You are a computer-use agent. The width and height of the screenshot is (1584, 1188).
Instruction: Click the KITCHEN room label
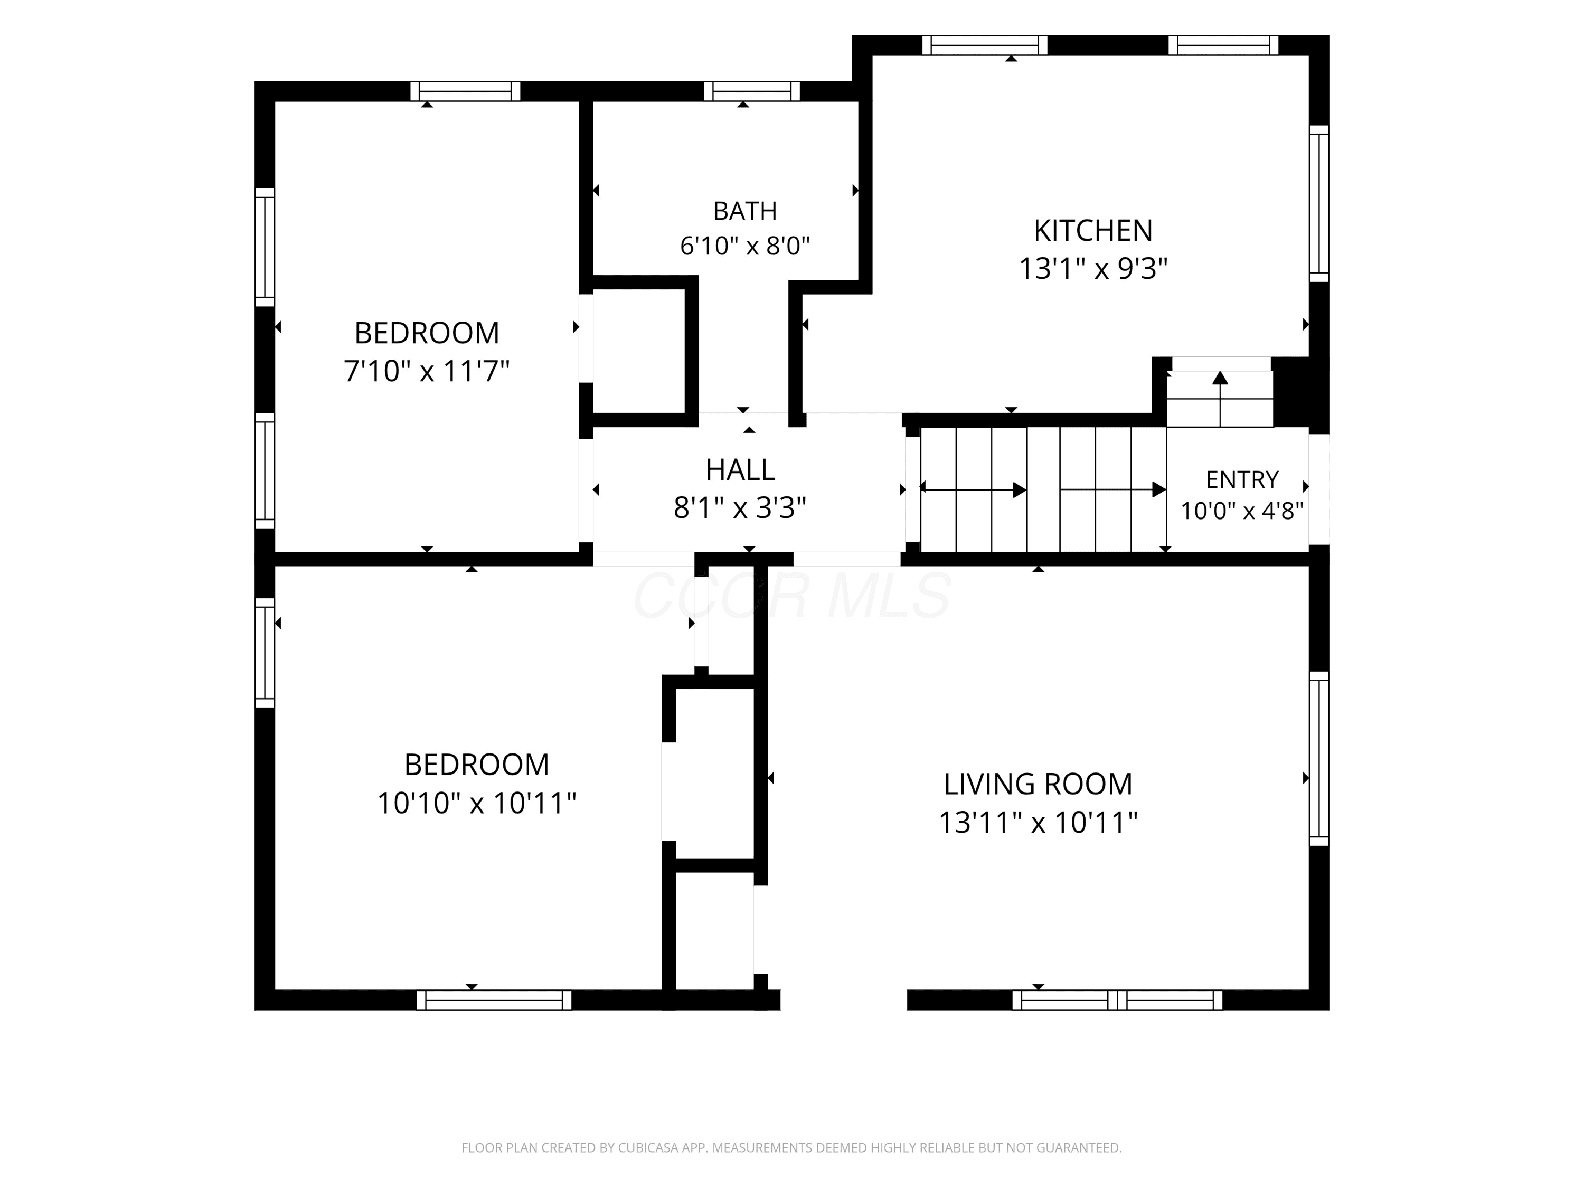point(1093,231)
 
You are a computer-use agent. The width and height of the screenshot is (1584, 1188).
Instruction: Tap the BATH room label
point(744,211)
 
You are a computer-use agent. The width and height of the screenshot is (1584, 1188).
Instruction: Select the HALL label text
point(740,470)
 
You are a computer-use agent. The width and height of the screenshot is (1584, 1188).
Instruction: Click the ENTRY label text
point(1242,479)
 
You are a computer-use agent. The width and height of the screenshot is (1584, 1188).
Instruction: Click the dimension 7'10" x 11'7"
point(427,371)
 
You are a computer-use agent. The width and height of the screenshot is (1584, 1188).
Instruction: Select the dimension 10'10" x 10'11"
point(477,803)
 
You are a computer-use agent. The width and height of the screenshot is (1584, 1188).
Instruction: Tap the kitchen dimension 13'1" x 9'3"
point(1093,269)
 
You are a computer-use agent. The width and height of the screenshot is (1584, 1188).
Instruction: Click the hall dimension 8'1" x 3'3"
point(740,508)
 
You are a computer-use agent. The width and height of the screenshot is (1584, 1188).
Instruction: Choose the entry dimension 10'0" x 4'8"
point(1242,511)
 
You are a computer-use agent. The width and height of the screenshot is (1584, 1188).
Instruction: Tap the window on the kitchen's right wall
point(1319,204)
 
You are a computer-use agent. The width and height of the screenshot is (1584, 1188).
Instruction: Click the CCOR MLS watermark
point(792,596)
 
